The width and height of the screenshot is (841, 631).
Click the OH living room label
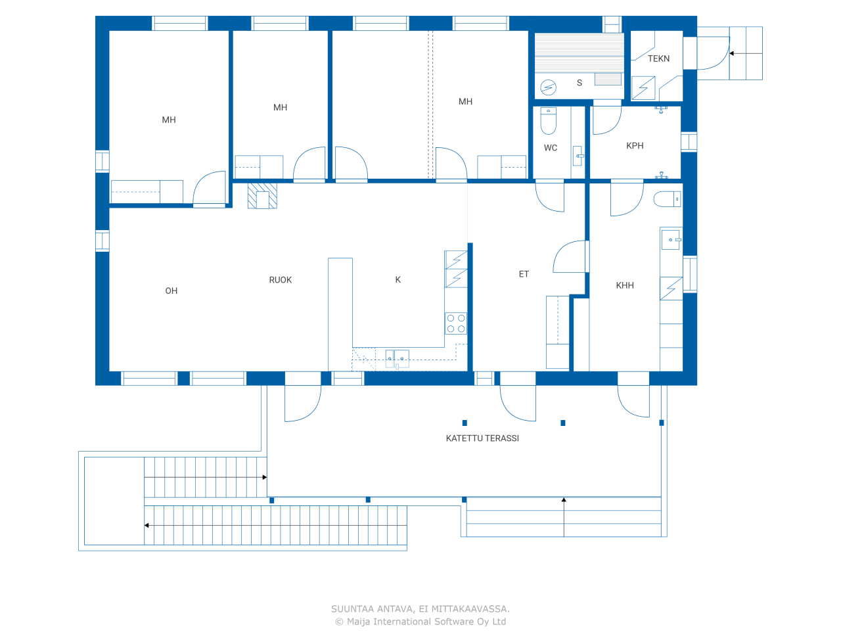[171, 291]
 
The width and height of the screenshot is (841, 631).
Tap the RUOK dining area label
[280, 280]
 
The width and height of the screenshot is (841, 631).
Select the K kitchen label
[398, 280]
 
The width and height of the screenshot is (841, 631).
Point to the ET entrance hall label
[524, 274]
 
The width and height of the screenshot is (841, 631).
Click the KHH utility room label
[625, 285]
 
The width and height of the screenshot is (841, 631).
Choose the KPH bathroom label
[635, 145]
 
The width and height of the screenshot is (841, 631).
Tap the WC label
[550, 148]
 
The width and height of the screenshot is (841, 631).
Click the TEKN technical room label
[658, 58]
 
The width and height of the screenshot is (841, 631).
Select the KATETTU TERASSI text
[482, 438]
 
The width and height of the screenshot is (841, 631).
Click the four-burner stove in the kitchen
[455, 323]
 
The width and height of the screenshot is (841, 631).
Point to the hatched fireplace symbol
[262, 196]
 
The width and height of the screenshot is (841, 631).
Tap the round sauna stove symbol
[548, 87]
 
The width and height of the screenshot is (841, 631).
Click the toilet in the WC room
[548, 121]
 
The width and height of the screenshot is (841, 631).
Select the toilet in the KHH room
[667, 199]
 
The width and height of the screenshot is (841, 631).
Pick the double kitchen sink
[397, 359]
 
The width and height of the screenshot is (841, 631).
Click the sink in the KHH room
[671, 240]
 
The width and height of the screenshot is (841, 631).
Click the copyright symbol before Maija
[339, 622]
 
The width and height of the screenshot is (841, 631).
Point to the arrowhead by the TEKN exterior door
[731, 53]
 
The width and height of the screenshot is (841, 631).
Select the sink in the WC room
[577, 156]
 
